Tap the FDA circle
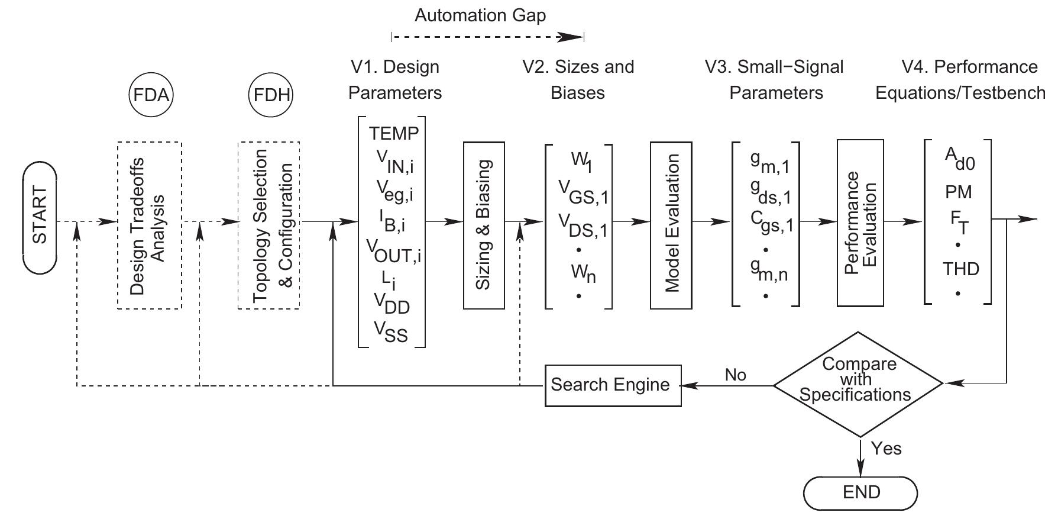151,95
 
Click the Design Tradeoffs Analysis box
149,225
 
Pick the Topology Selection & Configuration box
269,225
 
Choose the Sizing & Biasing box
484,225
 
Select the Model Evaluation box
671,225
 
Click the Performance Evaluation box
860,223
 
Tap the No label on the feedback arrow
735,375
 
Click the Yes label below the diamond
887,448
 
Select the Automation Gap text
480,15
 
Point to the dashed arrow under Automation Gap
487,37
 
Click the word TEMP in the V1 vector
393,134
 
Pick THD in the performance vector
960,269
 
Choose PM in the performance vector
958,192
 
